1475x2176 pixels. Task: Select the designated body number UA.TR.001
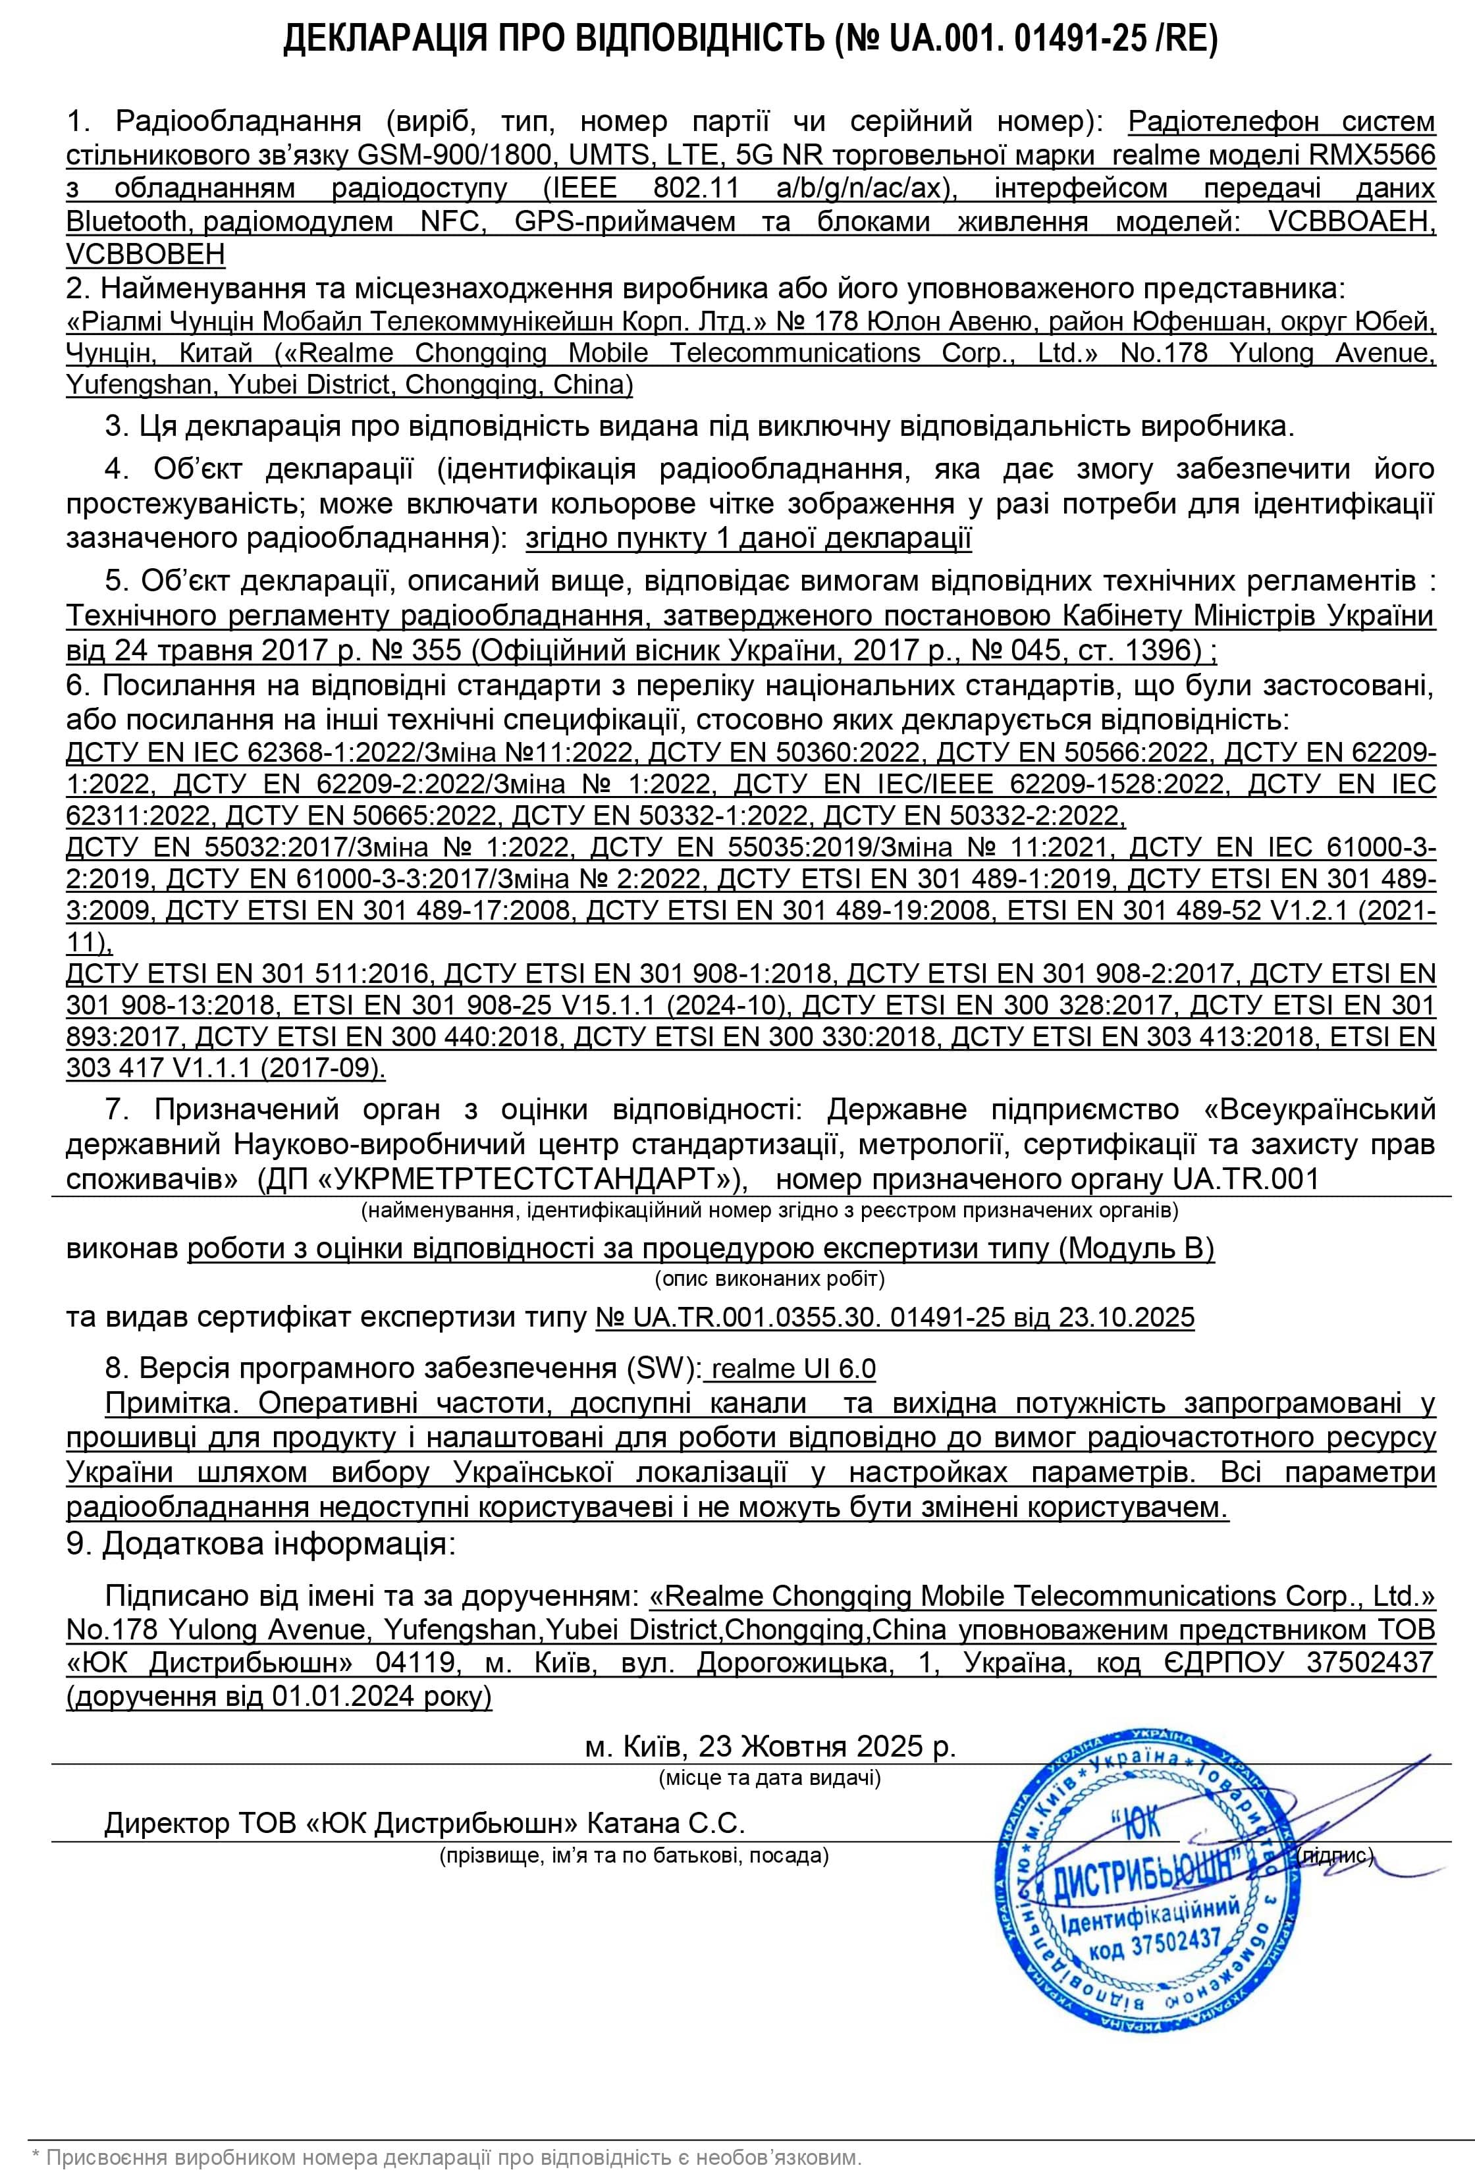[1246, 1178]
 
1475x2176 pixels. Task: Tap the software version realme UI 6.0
[793, 1369]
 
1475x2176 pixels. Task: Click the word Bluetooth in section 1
[127, 221]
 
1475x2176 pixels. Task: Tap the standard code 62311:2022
[140, 816]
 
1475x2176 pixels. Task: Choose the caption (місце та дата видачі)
[770, 1777]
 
